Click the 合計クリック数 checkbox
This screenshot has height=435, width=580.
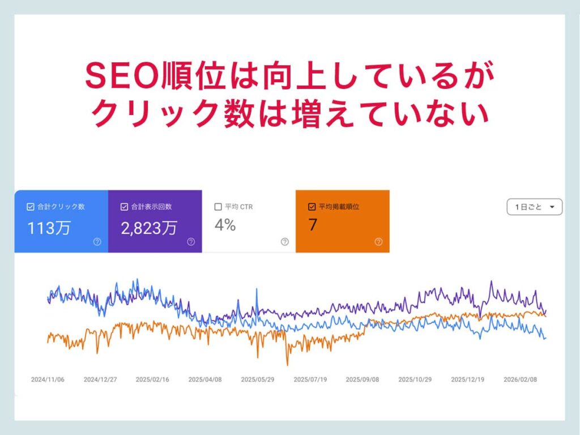[x=31, y=207]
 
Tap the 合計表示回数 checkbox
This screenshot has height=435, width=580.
[x=125, y=207]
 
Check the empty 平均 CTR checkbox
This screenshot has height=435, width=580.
[x=218, y=207]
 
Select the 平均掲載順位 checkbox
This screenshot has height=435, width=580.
[x=312, y=207]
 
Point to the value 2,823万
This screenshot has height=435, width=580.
[x=148, y=228]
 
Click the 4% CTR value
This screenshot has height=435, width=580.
[x=225, y=225]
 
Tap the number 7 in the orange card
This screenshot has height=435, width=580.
[x=313, y=225]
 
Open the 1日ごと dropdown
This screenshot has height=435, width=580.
[x=534, y=207]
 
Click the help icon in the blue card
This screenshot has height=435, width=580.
[x=97, y=242]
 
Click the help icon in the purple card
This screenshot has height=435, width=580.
[x=191, y=242]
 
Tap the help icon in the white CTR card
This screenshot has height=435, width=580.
[x=284, y=242]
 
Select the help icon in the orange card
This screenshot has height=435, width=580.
[x=378, y=242]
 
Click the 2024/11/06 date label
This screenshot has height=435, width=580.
[x=48, y=379]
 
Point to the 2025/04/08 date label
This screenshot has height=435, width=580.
[x=205, y=379]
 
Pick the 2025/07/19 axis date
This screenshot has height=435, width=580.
[x=310, y=379]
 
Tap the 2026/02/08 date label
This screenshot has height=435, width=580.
[x=521, y=379]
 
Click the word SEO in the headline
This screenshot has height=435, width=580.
[x=121, y=76]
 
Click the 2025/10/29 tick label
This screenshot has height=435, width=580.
[x=415, y=379]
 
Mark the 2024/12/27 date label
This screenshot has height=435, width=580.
[x=100, y=379]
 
